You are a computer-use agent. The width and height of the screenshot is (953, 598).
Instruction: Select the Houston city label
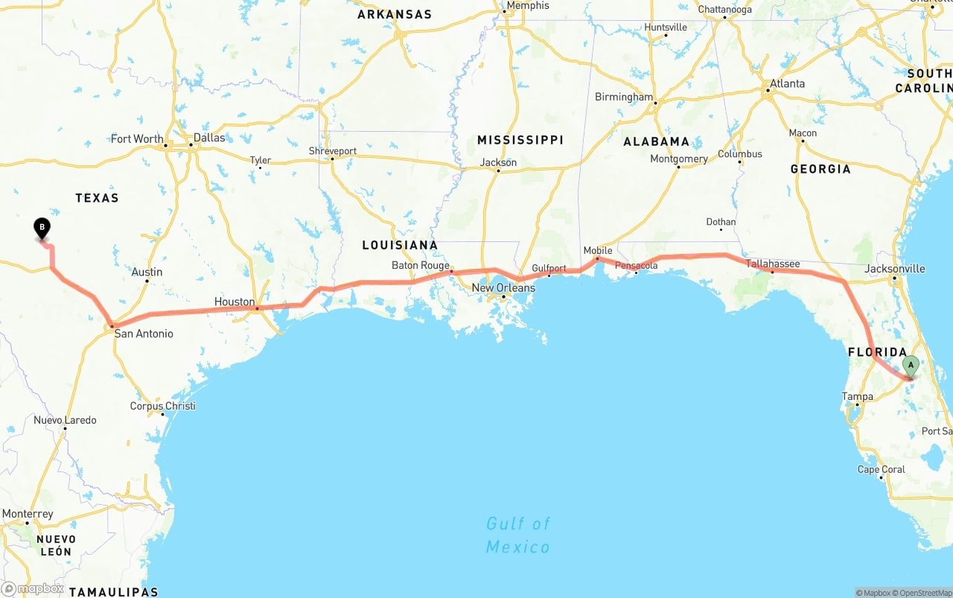click(235, 302)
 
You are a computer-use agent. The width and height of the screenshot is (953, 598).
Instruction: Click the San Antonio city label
click(144, 334)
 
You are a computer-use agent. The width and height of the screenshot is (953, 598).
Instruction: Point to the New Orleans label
click(503, 288)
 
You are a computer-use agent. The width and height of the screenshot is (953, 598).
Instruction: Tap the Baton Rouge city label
click(421, 265)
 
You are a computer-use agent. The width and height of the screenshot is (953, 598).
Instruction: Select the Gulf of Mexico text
click(518, 535)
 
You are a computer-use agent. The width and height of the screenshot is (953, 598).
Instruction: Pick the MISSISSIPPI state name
click(520, 140)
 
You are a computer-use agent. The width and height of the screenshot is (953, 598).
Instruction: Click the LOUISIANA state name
click(400, 245)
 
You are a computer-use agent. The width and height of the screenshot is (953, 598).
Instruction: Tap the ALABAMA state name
click(657, 141)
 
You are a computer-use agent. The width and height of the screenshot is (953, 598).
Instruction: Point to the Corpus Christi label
click(163, 406)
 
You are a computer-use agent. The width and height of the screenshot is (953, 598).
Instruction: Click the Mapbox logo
click(33, 589)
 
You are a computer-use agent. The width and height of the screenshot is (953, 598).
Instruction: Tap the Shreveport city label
click(333, 151)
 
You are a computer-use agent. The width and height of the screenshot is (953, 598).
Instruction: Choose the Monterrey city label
click(28, 514)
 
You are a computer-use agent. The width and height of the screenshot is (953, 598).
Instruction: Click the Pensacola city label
click(637, 266)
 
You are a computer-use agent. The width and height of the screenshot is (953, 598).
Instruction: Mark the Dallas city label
click(209, 138)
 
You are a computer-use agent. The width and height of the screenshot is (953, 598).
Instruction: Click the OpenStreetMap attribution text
click(925, 593)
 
